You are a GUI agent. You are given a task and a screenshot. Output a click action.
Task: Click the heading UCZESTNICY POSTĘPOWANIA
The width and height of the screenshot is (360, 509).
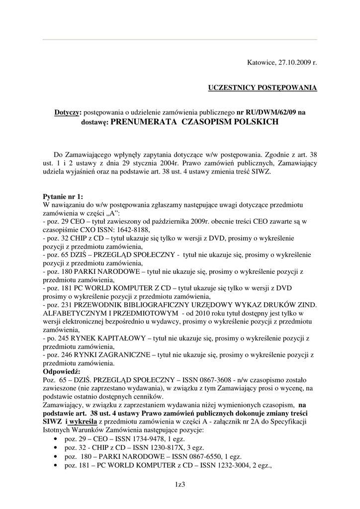(x=262, y=87)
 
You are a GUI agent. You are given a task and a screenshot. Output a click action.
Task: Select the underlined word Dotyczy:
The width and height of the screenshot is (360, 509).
(x=68, y=112)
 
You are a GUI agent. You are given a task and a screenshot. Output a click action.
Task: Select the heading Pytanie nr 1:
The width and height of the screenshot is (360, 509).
(x=64, y=196)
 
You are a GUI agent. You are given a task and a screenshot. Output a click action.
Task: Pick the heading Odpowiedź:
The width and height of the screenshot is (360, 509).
(x=65, y=372)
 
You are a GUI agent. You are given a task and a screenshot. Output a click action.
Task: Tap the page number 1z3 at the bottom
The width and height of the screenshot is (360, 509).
(x=180, y=484)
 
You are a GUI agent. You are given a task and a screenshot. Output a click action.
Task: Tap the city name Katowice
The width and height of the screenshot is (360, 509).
(x=261, y=63)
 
